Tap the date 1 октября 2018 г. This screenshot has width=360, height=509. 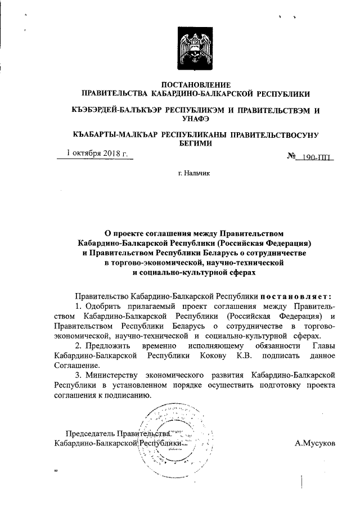pyautogui.click(x=97, y=153)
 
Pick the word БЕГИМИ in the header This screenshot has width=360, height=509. pyautogui.click(x=194, y=143)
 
